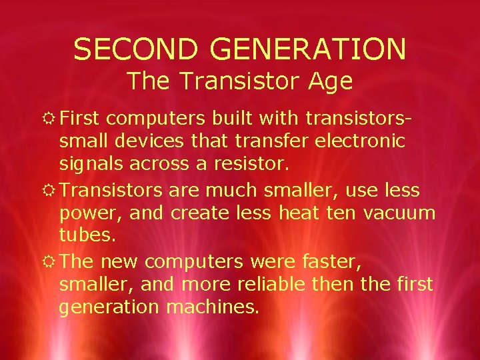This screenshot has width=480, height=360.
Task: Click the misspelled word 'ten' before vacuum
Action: [x=343, y=213]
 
